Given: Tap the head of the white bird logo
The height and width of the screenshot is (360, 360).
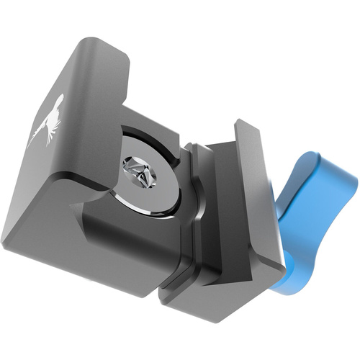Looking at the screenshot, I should [58, 101].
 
